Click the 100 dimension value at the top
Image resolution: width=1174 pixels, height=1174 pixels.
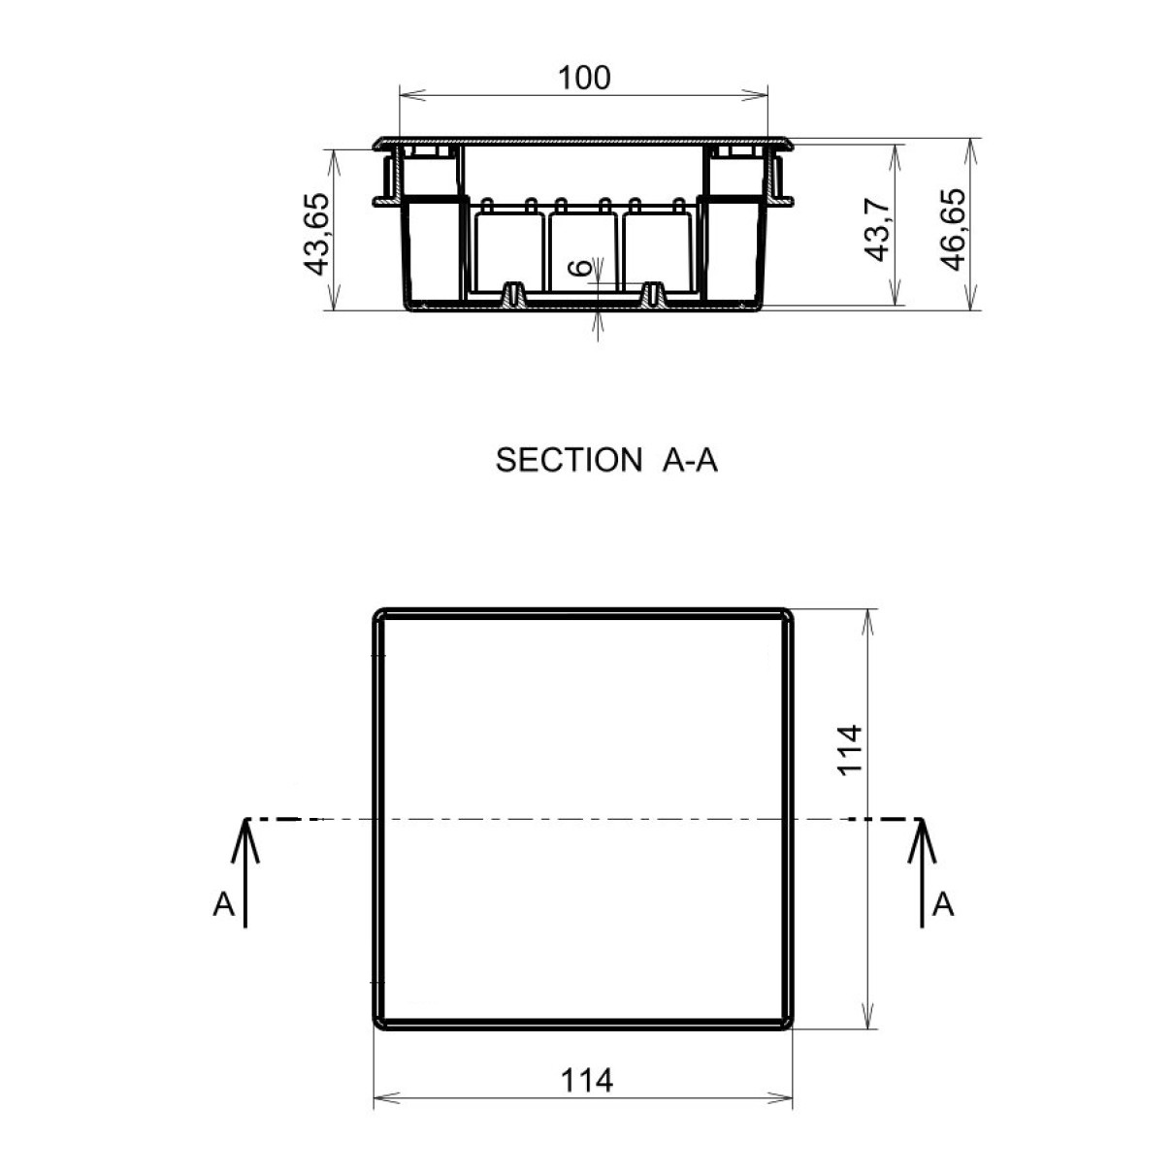click(584, 78)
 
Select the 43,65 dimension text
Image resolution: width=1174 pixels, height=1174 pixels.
click(317, 234)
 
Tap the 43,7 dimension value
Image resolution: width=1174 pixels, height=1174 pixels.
click(878, 230)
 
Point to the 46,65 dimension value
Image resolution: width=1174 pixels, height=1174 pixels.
click(952, 230)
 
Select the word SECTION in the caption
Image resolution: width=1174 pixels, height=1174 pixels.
click(569, 460)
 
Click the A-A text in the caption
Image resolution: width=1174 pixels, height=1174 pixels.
click(690, 460)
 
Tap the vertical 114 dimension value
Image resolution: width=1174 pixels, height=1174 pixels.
click(850, 750)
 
